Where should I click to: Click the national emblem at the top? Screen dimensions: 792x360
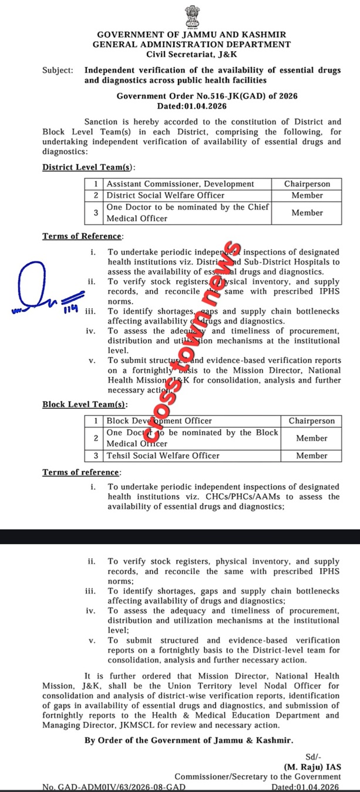pos(192,16)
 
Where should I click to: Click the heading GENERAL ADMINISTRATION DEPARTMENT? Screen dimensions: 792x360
pos(191,44)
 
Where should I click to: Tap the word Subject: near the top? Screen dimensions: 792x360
pos(58,71)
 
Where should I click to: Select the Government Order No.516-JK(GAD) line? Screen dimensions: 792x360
pos(191,96)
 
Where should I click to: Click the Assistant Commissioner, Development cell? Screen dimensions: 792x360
pos(180,184)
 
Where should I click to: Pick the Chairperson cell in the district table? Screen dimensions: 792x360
pos(307,184)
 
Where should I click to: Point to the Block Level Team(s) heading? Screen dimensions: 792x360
pos(85,405)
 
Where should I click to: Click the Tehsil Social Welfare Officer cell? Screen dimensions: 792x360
pos(163,455)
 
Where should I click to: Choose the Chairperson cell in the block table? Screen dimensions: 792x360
pos(311,421)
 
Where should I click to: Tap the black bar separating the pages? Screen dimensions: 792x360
pos(180,536)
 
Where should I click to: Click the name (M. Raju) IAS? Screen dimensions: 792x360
pos(312,767)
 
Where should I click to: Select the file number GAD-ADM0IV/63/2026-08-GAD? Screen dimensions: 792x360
pos(115,787)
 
